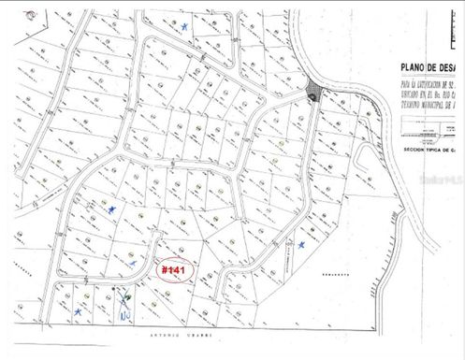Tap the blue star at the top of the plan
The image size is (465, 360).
click(x=185, y=28)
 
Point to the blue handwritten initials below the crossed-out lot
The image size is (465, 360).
click(x=124, y=312)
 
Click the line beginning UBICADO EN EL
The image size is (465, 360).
click(x=413, y=94)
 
